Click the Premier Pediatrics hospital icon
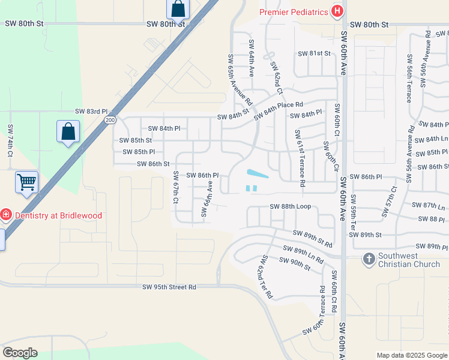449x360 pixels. pyautogui.click(x=337, y=11)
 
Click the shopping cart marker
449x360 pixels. pyautogui.click(x=27, y=181)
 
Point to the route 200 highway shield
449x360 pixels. pyautogui.click(x=109, y=120)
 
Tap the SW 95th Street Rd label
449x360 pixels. pyautogui.click(x=169, y=287)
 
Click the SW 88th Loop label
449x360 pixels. pyautogui.click(x=290, y=206)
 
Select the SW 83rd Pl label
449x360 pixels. pyautogui.click(x=91, y=112)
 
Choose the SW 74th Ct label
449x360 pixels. pyautogui.click(x=10, y=141)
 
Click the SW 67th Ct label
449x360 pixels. pyautogui.click(x=175, y=187)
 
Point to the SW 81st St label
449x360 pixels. pyautogui.click(x=315, y=53)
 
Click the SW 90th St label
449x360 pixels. pyautogui.click(x=294, y=260)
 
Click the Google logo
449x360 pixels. pyautogui.click(x=20, y=353)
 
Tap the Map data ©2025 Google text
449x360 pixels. pyautogui.click(x=411, y=355)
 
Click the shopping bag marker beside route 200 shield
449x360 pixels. pyautogui.click(x=68, y=131)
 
